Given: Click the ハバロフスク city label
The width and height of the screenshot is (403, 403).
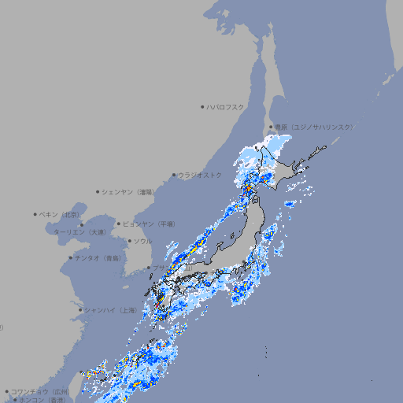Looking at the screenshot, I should click(226, 106).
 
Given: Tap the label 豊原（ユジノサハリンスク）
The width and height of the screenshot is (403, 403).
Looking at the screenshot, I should click(313, 127).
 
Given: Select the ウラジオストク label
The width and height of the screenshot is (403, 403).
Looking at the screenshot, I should click(200, 175).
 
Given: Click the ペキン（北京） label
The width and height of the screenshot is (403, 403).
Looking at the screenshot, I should click(60, 214).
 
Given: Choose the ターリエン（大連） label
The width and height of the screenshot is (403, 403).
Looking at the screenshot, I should click(79, 232).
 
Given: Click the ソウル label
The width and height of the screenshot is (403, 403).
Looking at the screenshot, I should click(142, 241).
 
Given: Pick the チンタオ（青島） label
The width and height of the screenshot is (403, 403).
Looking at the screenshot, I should click(98, 257).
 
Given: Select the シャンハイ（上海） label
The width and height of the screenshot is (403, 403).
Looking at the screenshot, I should click(110, 310).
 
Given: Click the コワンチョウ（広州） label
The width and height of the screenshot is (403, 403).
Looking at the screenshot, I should click(40, 391).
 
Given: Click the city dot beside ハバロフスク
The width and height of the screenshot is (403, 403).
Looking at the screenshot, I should click(202, 106).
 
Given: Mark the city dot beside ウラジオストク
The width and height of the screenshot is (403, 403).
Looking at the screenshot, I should click(174, 175).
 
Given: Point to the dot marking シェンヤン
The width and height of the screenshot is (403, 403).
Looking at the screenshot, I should click(98, 191).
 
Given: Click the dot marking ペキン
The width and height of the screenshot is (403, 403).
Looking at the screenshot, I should click(35, 214).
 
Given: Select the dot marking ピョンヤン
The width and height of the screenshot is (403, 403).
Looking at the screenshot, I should click(119, 224).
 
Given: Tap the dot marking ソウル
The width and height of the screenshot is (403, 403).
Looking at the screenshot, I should click(129, 241).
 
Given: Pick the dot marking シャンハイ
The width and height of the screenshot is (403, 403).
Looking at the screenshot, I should click(80, 310).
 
